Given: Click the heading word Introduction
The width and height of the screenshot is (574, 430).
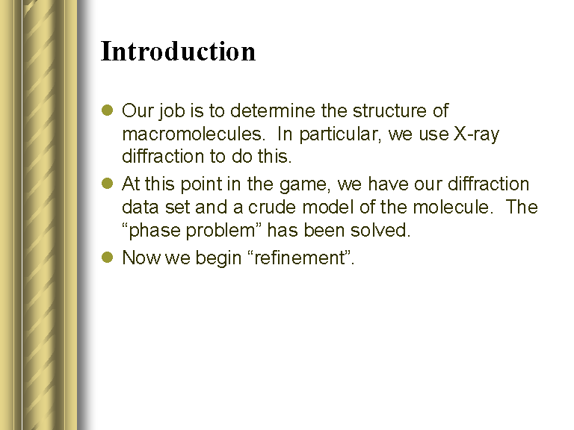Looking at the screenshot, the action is (x=178, y=51).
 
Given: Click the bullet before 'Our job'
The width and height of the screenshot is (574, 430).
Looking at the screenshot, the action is (x=108, y=110).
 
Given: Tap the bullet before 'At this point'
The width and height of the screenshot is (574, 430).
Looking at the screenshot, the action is (x=108, y=183).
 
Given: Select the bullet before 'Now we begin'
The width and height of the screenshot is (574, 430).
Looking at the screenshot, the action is (x=108, y=257).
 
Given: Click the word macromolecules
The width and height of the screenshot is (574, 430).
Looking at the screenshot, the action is (x=193, y=134).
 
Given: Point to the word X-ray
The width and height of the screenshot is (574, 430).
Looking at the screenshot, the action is (x=476, y=134).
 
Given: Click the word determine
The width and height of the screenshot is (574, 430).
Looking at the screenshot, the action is (x=273, y=110).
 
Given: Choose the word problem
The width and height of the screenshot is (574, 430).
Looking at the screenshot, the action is (x=223, y=231).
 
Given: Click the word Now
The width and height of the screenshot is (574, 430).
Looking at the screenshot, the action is (x=141, y=258).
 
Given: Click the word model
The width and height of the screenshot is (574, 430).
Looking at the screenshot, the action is (x=328, y=207).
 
